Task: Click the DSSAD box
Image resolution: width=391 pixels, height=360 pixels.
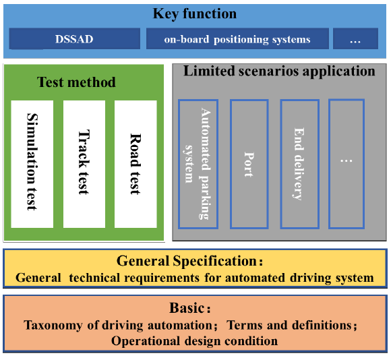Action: [75, 38]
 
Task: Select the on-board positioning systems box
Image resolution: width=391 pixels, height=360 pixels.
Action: [237, 38]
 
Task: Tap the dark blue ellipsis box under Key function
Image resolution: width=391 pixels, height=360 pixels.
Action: [355, 38]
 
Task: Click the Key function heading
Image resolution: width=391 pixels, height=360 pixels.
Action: [195, 14]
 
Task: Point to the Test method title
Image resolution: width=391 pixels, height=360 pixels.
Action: [76, 82]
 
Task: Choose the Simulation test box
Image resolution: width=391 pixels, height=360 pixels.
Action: [32, 164]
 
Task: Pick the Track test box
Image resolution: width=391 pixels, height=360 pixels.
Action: [84, 164]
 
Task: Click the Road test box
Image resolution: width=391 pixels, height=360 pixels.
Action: [136, 164]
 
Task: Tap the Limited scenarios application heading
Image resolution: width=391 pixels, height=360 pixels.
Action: [279, 71]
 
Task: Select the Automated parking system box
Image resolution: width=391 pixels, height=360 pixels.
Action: [198, 164]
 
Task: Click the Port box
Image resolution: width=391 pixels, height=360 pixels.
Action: [249, 164]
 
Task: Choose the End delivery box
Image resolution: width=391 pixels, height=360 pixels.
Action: [300, 164]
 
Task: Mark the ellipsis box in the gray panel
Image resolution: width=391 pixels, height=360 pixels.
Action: [347, 164]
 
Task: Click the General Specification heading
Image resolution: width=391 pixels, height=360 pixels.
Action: [189, 261]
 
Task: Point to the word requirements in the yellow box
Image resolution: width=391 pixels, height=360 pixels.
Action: [162, 278]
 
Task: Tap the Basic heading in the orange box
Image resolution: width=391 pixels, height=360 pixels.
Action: [190, 307]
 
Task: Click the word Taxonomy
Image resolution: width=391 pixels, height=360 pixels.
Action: [53, 326]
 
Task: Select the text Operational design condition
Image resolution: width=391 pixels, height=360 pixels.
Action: [195, 341]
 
